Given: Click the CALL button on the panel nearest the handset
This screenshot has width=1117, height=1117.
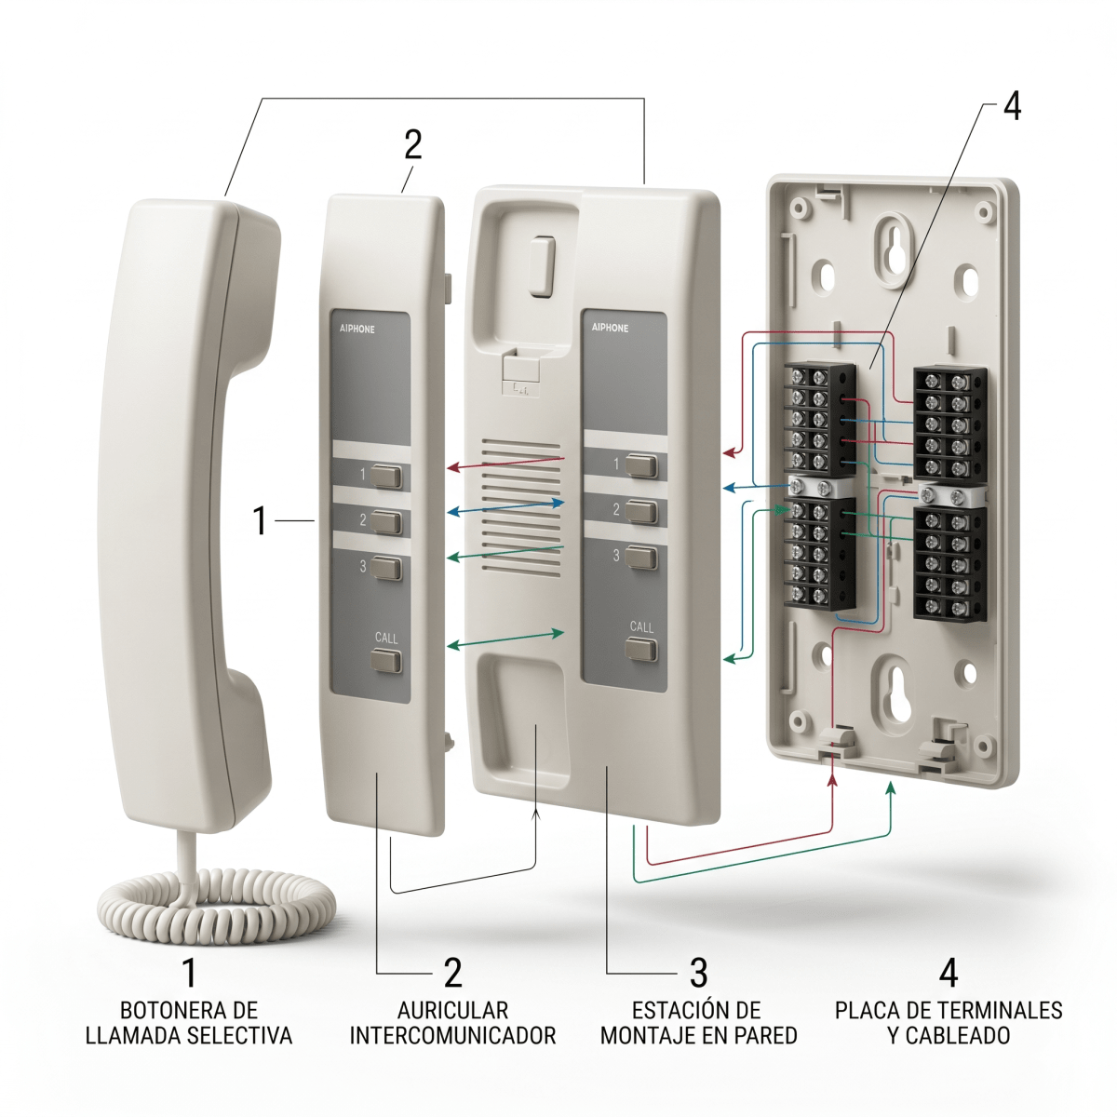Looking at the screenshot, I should tap(385, 661).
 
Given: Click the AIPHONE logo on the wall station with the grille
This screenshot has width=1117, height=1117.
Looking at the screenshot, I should tap(610, 328).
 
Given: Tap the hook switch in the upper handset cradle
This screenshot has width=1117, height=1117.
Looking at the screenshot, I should tap(542, 266).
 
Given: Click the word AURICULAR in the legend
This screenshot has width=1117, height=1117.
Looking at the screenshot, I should tap(452, 1011).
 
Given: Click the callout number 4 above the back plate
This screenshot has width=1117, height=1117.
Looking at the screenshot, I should tap(1012, 107).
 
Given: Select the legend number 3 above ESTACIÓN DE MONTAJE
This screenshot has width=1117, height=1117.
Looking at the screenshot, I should tap(698, 973).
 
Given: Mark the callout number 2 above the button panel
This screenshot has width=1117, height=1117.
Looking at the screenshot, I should tap(412, 145).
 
